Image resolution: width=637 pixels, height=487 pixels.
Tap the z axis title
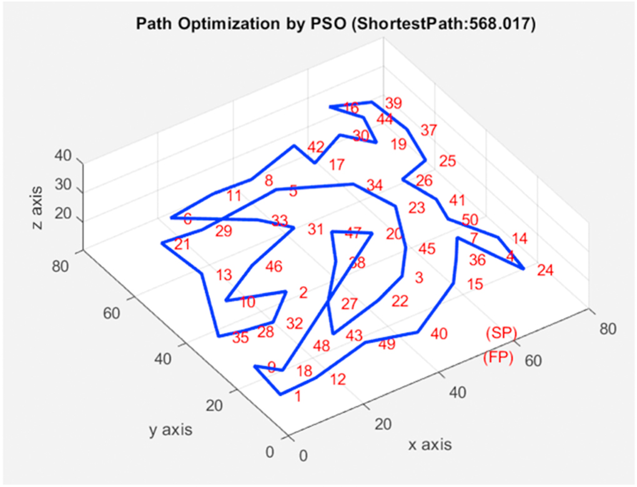coord(38,206)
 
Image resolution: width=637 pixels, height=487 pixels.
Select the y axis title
coord(170,430)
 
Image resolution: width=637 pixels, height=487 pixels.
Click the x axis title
coord(429,445)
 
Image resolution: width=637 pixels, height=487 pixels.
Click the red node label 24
coord(545,271)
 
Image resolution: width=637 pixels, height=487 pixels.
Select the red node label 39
coord(393,103)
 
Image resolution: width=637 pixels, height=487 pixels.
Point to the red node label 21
coord(182,244)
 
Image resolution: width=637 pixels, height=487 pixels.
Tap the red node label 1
coord(298,395)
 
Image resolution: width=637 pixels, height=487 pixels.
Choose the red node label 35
coord(240,339)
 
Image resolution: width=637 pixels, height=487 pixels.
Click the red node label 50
coord(470,220)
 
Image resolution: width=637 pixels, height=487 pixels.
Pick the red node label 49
coord(387,344)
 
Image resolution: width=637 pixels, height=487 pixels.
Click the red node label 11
coord(234,196)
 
